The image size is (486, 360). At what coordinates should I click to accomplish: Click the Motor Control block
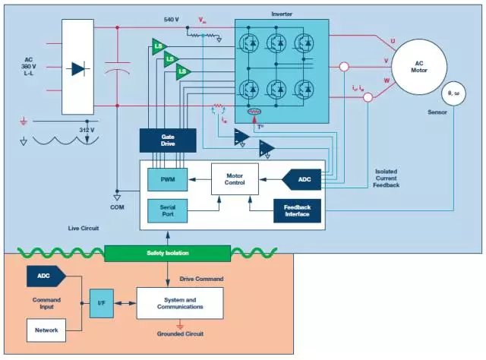coord(234,179)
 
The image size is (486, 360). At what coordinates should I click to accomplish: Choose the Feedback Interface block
coord(297,210)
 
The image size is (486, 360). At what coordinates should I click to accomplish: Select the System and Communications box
coord(180,303)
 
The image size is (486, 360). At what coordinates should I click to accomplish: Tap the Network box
coord(46,330)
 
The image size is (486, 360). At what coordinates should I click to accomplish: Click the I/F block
coord(100,303)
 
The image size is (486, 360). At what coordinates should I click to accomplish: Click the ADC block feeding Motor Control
coord(301,179)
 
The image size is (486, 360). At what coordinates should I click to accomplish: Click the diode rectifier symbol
coord(78,69)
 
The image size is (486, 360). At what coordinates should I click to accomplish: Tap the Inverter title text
coord(282,13)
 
